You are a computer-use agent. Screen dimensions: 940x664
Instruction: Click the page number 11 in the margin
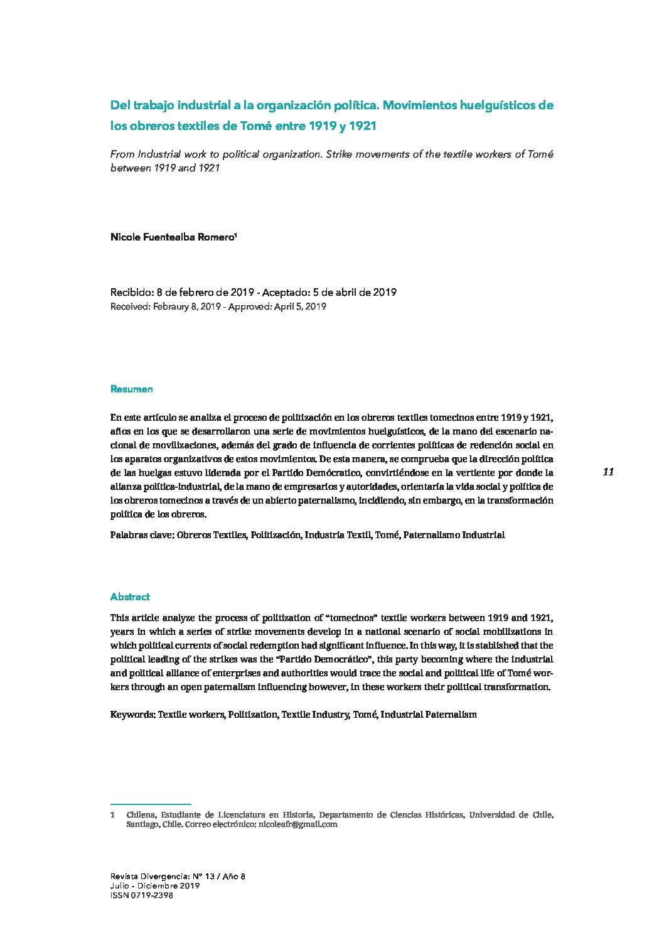click(608, 472)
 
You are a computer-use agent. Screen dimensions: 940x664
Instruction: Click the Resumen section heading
click(131, 389)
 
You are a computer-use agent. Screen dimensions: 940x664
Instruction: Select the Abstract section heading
click(130, 597)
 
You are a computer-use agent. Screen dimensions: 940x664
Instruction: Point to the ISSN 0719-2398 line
click(142, 896)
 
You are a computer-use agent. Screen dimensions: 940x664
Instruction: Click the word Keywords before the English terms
click(132, 715)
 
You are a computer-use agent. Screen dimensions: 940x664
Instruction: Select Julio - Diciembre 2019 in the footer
click(155, 886)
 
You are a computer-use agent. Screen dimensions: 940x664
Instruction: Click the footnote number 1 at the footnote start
click(112, 815)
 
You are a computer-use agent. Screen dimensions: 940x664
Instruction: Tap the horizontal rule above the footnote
click(150, 804)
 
